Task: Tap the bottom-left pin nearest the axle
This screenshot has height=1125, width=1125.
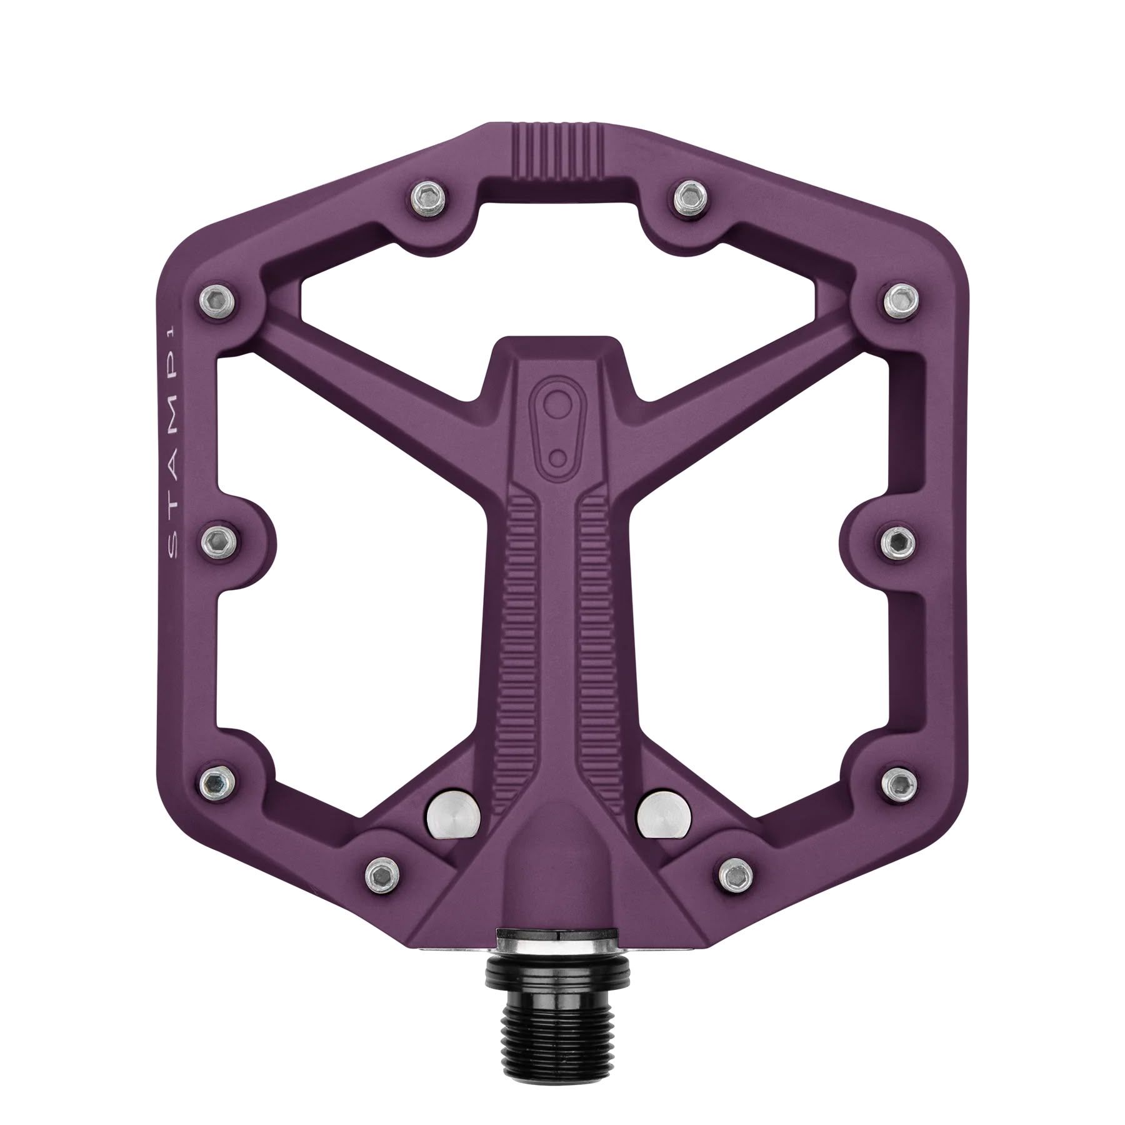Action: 381,869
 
